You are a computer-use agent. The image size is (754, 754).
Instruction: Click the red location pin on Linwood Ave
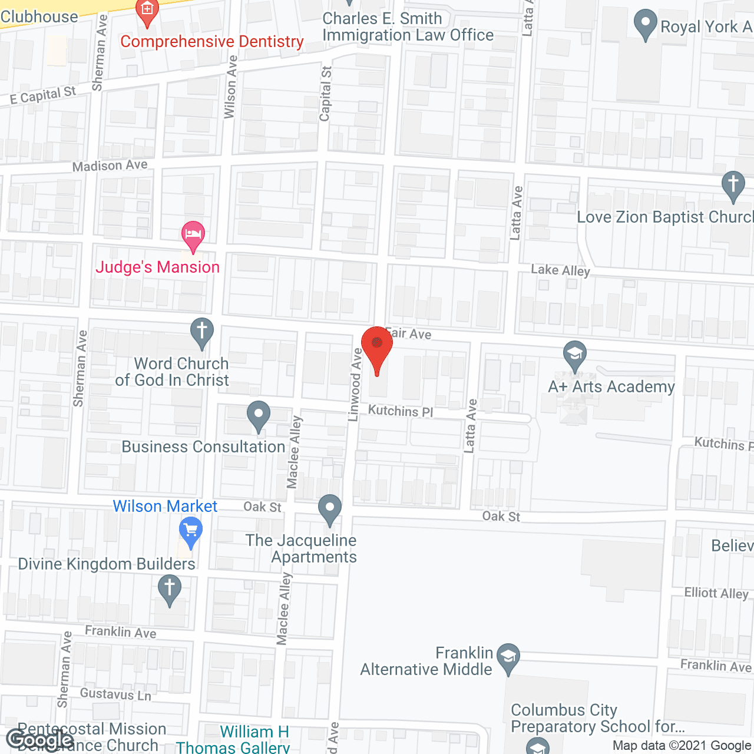pos(376,345)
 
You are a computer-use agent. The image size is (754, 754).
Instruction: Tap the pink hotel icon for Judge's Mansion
pos(193,234)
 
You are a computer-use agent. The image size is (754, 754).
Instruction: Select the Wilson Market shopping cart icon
pos(190,531)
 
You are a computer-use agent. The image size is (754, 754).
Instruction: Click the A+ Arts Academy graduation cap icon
pos(574,355)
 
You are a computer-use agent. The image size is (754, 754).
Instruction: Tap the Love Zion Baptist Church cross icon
pos(733,184)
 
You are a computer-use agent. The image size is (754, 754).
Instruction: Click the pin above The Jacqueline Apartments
pos(330,508)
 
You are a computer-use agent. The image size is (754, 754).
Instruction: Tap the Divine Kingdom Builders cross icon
pos(170,590)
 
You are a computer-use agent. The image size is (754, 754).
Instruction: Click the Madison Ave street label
pos(110,166)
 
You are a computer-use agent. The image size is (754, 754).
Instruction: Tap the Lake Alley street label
pos(560,270)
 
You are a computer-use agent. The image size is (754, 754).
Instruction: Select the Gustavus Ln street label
pos(115,694)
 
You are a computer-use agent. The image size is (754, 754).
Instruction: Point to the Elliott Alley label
pos(716,593)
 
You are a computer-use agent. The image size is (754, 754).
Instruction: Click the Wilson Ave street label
pos(230,87)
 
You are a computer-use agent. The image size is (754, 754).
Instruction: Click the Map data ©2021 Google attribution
pos(682,746)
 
